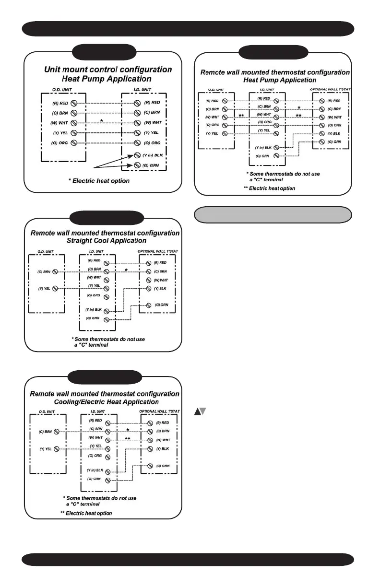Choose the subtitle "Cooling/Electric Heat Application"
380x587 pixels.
[105, 401]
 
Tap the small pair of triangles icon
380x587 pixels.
[200, 411]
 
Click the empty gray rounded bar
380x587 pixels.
[273, 215]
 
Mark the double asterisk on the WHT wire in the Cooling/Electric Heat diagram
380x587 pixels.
[128, 439]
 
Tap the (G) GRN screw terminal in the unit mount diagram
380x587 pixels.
[137, 165]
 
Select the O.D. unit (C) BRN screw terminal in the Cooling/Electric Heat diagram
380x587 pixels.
[56, 432]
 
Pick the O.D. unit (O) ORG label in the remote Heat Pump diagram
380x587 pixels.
[212, 125]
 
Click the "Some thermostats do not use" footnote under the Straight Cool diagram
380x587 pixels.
[108, 340]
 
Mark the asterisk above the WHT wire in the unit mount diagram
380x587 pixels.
[101, 119]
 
